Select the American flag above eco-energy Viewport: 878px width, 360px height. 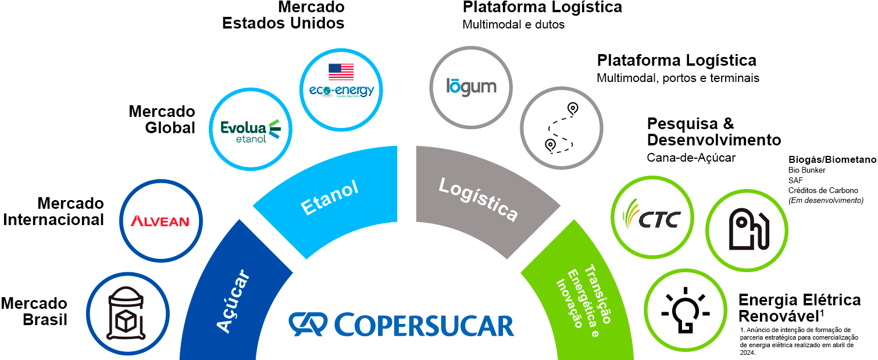tap(341, 72)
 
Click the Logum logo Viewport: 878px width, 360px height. tap(471, 87)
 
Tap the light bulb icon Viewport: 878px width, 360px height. tap(685, 312)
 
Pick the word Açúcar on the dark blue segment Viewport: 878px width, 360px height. tap(233, 301)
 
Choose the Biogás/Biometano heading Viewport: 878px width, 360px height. tap(832, 159)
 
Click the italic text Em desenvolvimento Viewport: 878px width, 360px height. tap(826, 200)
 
